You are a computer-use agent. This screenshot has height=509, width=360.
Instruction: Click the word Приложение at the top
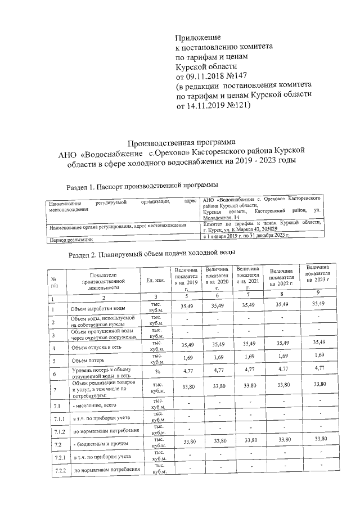(x=197, y=37)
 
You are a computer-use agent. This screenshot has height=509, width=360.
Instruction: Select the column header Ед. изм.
(x=155, y=281)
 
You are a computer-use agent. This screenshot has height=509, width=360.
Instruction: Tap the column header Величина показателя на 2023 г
(x=318, y=273)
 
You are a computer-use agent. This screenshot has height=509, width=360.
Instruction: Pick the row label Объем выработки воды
(x=98, y=309)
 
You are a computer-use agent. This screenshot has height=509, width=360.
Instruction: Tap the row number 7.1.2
(x=56, y=431)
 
